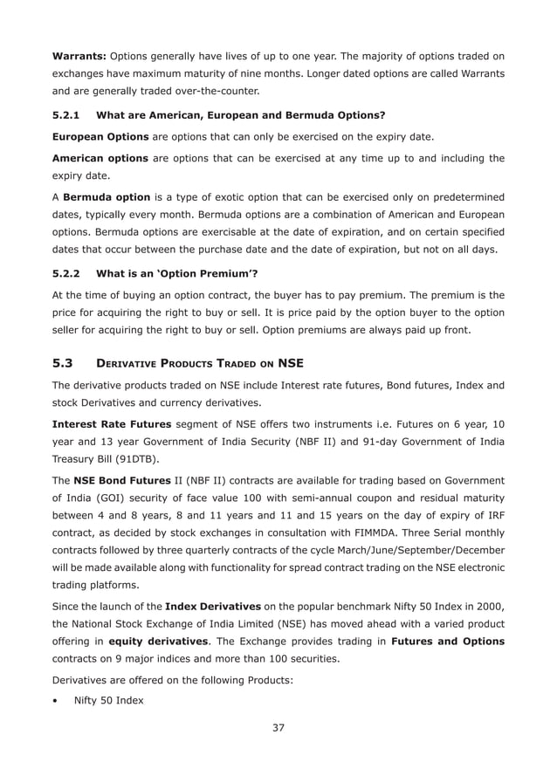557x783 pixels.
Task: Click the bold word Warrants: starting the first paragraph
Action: [79, 57]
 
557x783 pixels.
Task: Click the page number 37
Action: [278, 728]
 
